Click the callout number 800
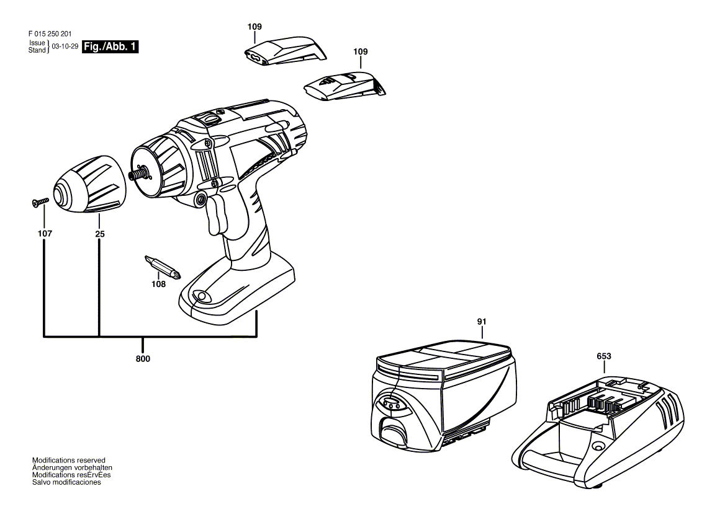pos(143,359)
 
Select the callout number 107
pos(45,234)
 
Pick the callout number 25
pos(100,234)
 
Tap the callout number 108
pos(159,285)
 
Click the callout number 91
pos(482,321)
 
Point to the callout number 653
pos(604,356)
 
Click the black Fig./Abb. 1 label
pos(110,46)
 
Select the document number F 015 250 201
pos(50,33)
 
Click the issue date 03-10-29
pos(65,46)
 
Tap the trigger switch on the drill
pos(215,214)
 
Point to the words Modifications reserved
pos(68,461)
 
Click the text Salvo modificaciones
pos(66,482)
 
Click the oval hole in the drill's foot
pos(200,295)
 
